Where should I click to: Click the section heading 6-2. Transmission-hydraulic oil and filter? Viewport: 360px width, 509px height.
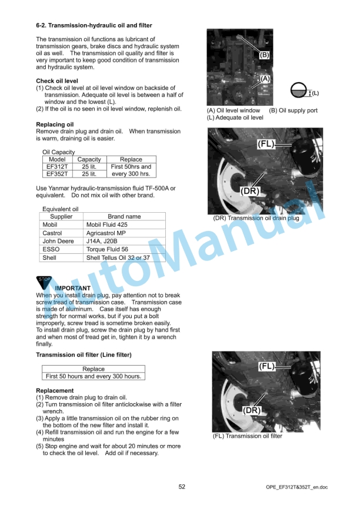94,26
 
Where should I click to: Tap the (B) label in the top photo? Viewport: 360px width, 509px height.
265,55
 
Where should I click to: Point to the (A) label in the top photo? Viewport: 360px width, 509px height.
265,78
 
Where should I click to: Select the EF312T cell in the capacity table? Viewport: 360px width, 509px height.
57,167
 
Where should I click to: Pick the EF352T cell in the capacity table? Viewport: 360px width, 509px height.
57,174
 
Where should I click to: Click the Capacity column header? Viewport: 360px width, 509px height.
89,159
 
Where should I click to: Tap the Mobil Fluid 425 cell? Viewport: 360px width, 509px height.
106,225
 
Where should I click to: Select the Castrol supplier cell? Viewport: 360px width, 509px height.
52,233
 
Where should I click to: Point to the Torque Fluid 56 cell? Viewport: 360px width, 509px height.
108,249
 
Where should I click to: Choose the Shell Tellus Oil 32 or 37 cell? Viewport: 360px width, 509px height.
118,257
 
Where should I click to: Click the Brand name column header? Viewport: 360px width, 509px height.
124,216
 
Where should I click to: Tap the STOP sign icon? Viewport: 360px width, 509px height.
45,282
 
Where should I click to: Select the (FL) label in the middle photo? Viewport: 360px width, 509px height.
266,143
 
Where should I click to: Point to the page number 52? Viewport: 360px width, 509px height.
182,487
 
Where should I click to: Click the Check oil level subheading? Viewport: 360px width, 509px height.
57,81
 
